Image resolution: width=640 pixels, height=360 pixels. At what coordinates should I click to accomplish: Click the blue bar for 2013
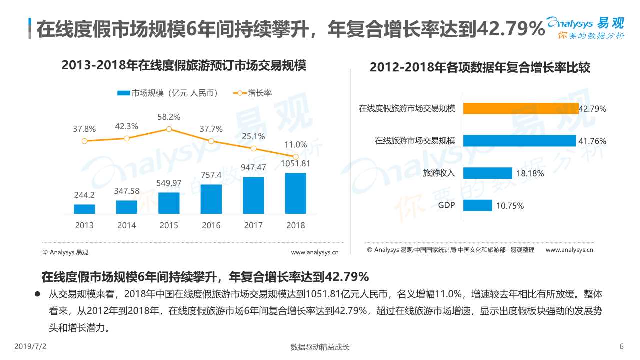pos(84,209)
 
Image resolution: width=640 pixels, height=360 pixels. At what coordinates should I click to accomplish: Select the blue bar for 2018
pos(295,193)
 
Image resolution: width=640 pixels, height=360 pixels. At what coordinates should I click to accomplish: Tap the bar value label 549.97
pos(169,183)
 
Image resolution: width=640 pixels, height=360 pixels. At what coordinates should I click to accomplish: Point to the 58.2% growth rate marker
pos(169,129)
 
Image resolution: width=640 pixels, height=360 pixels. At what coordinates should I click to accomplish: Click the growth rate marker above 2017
pos(253,148)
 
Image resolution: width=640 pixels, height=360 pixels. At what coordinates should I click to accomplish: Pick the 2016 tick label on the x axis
pos(211,225)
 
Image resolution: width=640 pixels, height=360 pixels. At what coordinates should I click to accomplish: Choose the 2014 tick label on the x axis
pos(126,225)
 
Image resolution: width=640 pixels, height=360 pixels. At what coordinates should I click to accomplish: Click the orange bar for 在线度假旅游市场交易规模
pos(520,108)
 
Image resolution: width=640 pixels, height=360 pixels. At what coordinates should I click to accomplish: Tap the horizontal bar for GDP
pos(477,205)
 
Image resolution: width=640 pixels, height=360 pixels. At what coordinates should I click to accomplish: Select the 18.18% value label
pos(530,174)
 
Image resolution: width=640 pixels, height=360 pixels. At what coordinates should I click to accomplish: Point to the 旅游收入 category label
pos(439,173)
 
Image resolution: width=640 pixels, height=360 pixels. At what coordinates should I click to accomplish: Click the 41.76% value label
pos(592,141)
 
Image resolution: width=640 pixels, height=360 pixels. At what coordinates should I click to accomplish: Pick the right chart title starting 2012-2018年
pos(480,68)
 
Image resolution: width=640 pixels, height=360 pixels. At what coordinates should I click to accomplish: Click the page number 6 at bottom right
pos(621,346)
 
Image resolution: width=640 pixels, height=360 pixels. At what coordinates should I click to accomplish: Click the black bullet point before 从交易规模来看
pos(37,294)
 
